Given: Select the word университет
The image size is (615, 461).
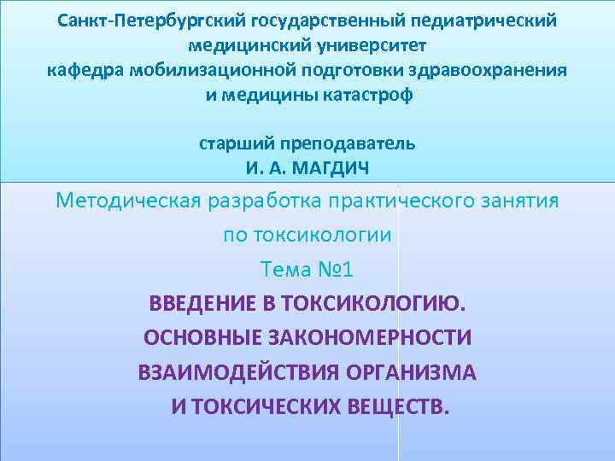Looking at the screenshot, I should pyautogui.click(x=369, y=44).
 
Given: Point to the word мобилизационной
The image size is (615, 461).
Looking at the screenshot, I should pyautogui.click(x=208, y=69).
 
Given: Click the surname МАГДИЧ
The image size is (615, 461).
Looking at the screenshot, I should pyautogui.click(x=332, y=167).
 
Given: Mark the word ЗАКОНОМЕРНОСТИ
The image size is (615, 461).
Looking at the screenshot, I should pyautogui.click(x=369, y=337).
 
